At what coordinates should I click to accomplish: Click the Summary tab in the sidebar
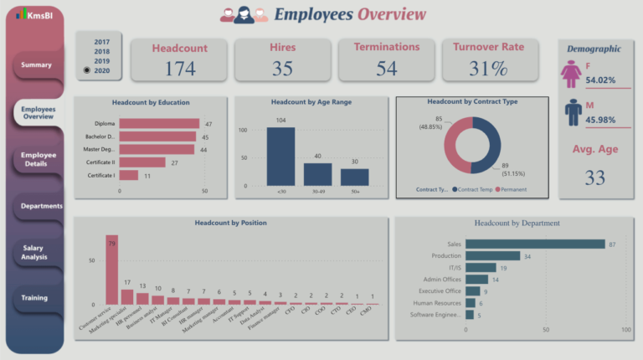pos(36,65)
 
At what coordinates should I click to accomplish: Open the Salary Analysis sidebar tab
pos(36,252)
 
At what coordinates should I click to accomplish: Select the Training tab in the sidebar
pos(34,298)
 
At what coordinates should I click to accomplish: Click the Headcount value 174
pos(179,69)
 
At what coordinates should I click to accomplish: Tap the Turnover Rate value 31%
pos(488,69)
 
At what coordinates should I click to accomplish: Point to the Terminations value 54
pos(386,69)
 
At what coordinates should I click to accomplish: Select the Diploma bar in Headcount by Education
pos(159,123)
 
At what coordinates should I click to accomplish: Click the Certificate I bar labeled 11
pos(129,176)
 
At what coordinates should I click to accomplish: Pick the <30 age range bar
pos(280,156)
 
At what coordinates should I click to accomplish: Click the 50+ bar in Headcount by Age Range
pos(354,177)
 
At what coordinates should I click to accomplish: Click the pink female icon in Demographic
pos(573,75)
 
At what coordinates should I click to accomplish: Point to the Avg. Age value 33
pos(595,177)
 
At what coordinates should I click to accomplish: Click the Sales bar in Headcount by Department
pos(534,244)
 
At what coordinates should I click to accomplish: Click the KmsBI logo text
pos(39,15)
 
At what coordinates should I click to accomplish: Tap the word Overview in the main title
pos(391,14)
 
